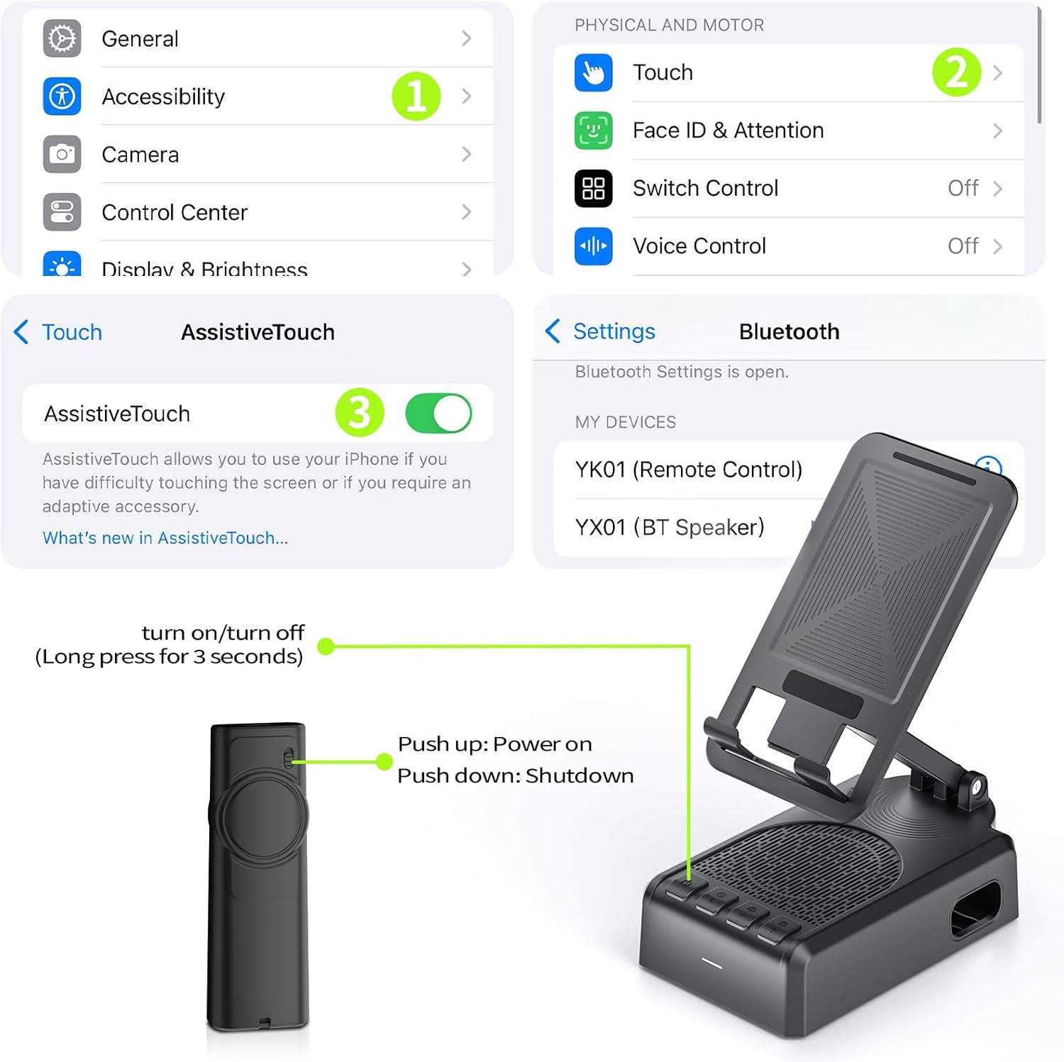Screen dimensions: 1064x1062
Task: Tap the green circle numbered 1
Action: [416, 96]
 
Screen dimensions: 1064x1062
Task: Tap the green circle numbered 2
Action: [956, 72]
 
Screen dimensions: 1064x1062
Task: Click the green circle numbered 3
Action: [360, 413]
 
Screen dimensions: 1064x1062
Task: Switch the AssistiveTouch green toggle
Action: [438, 413]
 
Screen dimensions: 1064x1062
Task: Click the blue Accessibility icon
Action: [62, 96]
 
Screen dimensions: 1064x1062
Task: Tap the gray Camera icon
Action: [62, 154]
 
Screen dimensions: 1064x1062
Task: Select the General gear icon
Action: [62, 38]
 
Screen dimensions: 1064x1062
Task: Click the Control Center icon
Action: [62, 212]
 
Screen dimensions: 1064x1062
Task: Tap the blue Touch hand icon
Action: [593, 72]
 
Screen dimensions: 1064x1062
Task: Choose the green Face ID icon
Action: [593, 131]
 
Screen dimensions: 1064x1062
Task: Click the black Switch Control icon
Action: [593, 188]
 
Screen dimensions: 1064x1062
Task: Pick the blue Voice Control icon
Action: [593, 246]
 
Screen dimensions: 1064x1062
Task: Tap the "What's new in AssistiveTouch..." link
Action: [165, 538]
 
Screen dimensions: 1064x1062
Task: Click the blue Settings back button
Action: [600, 331]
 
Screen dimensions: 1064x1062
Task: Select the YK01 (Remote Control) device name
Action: [689, 470]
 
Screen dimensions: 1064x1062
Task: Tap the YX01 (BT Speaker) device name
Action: [670, 527]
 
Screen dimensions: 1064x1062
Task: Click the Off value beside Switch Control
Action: [963, 188]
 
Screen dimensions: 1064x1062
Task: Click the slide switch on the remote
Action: [287, 758]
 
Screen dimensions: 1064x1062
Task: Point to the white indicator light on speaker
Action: [711, 963]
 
